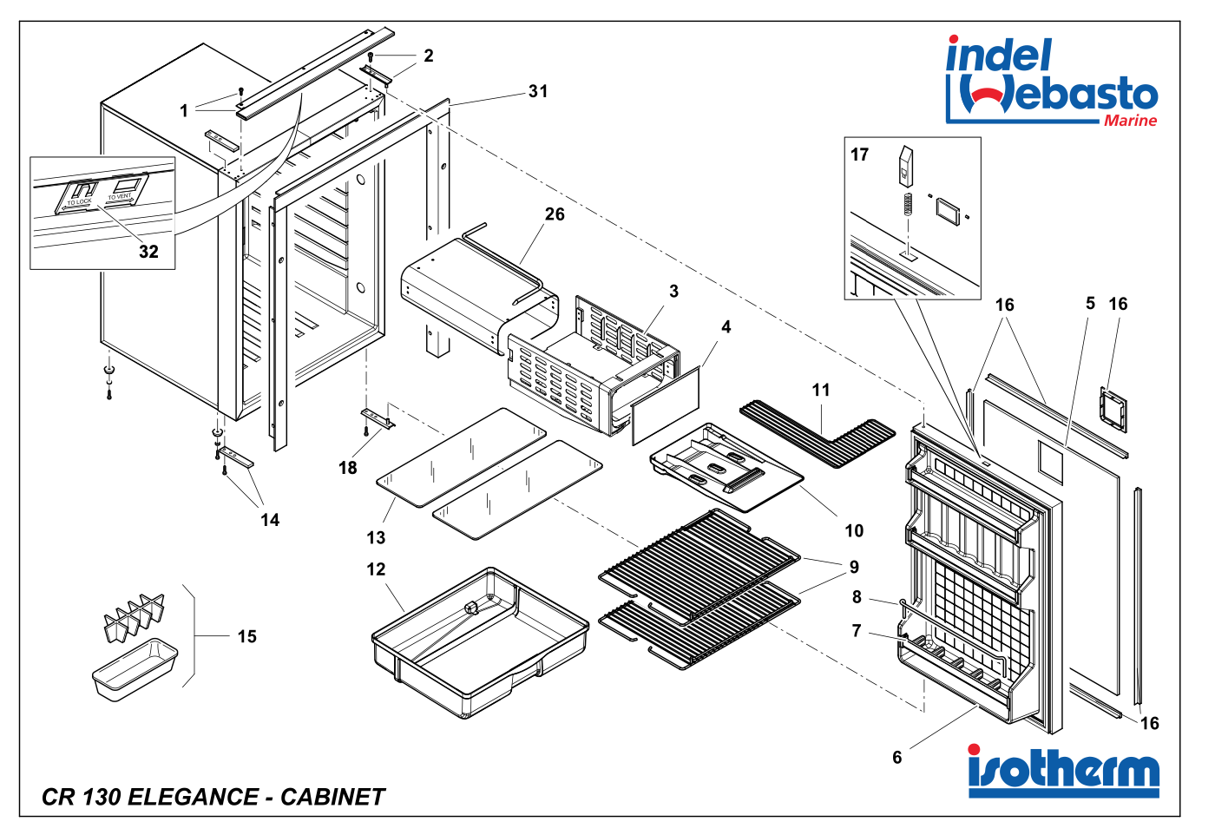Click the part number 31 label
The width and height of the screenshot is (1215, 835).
pos(538,91)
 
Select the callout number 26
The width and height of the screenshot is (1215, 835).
pos(555,214)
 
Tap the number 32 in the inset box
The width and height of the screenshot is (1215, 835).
pos(148,252)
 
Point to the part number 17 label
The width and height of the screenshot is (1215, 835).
pos(859,155)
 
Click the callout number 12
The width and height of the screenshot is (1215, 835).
pos(376,569)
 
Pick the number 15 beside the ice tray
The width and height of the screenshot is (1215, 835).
pos(247,637)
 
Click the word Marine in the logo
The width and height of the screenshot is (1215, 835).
pos(1130,121)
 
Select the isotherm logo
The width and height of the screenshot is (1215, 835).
pos(1063,771)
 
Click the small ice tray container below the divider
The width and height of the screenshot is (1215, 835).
pos(135,669)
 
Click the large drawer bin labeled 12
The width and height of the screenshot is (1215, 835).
pos(477,642)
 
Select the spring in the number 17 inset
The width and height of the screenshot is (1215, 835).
pos(908,204)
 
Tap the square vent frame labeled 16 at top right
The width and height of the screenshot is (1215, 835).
pos(1113,409)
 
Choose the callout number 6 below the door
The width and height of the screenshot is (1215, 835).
pos(897,758)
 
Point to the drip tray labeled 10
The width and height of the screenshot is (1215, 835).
pos(725,469)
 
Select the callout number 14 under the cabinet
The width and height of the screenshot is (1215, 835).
pos(270,520)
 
